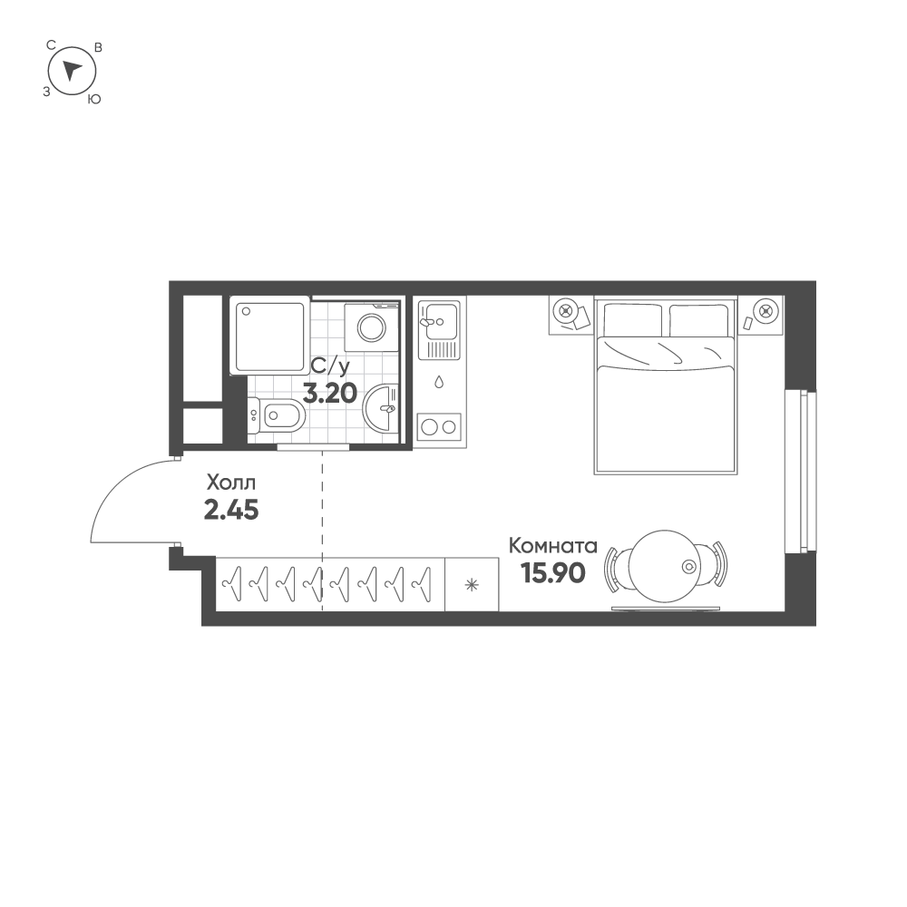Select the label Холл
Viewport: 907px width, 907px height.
[231, 482]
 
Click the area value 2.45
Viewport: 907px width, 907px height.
[231, 510]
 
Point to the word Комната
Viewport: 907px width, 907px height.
[552, 546]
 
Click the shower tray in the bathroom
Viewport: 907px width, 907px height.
[269, 336]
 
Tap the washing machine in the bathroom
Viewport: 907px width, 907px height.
[372, 326]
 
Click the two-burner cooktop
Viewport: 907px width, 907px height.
[439, 426]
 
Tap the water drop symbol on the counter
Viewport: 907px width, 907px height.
[439, 382]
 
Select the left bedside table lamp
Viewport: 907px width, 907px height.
[566, 311]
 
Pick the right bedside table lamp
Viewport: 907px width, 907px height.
[766, 311]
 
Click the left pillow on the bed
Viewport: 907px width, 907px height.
[632, 320]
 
